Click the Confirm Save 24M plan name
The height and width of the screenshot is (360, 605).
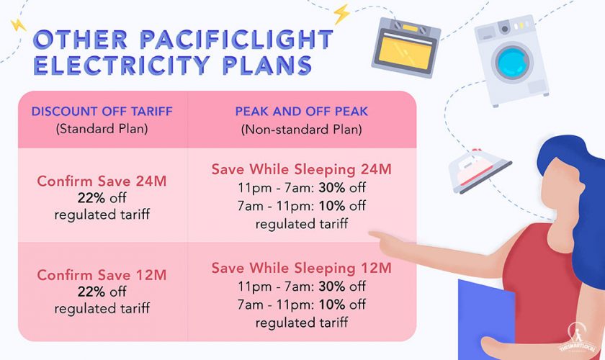(102, 181)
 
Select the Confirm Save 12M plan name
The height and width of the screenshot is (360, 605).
(102, 276)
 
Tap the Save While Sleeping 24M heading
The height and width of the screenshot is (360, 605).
(301, 170)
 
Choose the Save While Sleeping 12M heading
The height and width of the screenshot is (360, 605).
(301, 269)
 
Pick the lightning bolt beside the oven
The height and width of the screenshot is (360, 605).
(341, 14)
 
